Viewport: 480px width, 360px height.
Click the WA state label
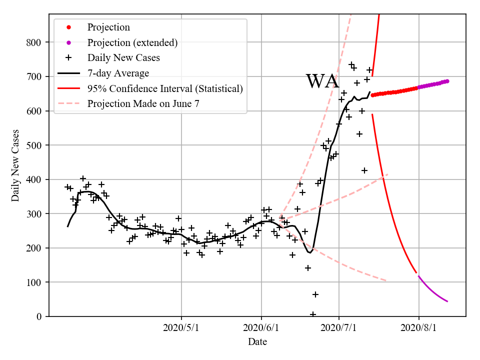[x=322, y=81]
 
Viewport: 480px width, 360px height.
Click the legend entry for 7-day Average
[x=118, y=73]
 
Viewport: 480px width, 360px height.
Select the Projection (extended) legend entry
[x=132, y=42]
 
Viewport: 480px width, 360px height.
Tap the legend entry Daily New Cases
[x=123, y=58]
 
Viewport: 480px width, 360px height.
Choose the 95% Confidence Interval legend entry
[x=165, y=88]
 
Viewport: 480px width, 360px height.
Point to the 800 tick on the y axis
[x=33, y=42]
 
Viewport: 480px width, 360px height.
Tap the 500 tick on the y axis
[x=33, y=145]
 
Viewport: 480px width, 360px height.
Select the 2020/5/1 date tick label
[x=181, y=328]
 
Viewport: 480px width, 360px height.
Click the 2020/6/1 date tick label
[x=261, y=328]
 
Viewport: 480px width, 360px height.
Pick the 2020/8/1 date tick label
[x=418, y=328]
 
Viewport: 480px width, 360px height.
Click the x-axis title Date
[x=257, y=342]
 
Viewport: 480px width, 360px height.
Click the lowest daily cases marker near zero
[x=313, y=314]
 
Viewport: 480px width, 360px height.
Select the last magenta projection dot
[x=447, y=81]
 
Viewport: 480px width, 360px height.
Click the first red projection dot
[x=372, y=95]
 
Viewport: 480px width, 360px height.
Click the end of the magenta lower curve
[x=447, y=301]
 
